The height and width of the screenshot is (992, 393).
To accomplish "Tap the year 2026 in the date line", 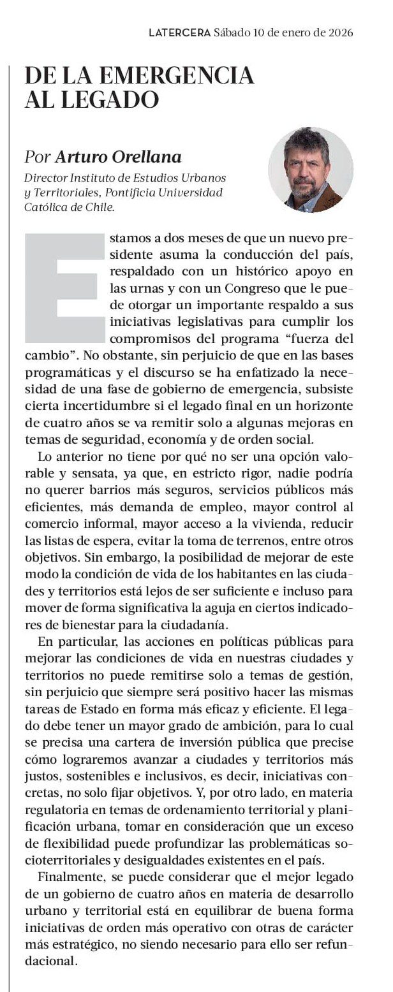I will [339, 32].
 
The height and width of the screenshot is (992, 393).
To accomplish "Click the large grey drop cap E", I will [64, 287].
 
